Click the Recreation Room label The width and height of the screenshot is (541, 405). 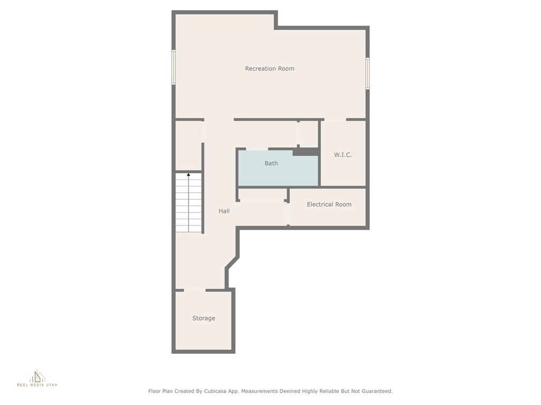click(269, 69)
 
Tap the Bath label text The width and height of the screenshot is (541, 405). click(271, 163)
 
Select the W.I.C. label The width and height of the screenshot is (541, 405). click(343, 155)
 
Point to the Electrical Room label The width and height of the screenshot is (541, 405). click(329, 204)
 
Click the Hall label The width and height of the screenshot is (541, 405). click(224, 211)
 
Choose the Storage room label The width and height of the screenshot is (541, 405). click(203, 318)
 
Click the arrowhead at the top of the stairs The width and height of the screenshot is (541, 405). click(189, 175)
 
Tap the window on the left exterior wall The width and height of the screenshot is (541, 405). click(173, 67)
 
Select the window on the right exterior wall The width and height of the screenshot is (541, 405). click(368, 73)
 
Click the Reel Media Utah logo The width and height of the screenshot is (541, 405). click(38, 378)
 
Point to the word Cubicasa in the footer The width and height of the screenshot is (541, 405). click(215, 391)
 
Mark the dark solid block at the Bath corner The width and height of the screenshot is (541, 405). click(306, 151)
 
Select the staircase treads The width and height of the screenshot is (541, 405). click(189, 202)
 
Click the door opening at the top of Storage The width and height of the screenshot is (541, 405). click(194, 291)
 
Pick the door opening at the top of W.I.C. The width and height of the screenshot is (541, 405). click(335, 120)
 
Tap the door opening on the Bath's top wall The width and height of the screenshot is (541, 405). click(257, 149)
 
